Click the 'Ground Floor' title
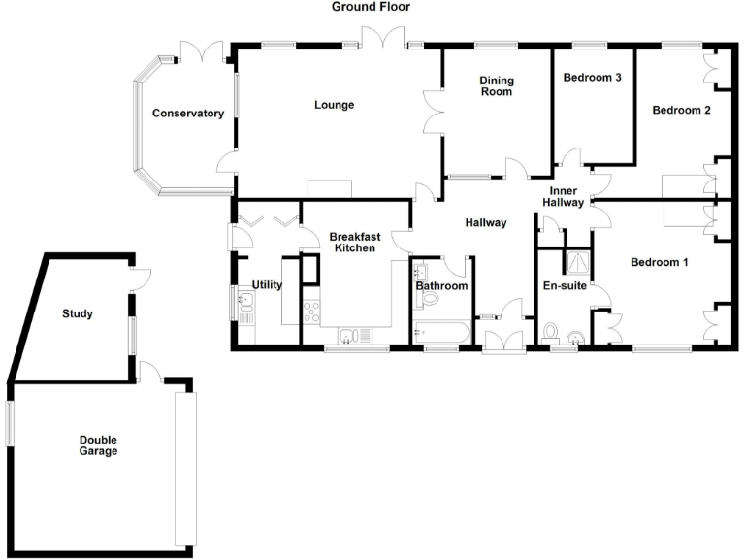pyautogui.click(x=371, y=7)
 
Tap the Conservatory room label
pyautogui.click(x=188, y=114)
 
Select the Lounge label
pyautogui.click(x=333, y=105)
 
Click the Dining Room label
pyautogui.click(x=496, y=86)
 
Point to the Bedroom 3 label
pyautogui.click(x=592, y=78)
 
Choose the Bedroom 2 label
pyautogui.click(x=681, y=111)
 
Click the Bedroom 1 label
pyautogui.click(x=661, y=262)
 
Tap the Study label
pyautogui.click(x=78, y=313)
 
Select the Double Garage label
pyautogui.click(x=98, y=444)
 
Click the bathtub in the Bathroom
pyautogui.click(x=441, y=333)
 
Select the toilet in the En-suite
pyautogui.click(x=552, y=333)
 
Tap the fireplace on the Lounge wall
pyautogui.click(x=329, y=189)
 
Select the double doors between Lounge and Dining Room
pyautogui.click(x=433, y=115)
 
